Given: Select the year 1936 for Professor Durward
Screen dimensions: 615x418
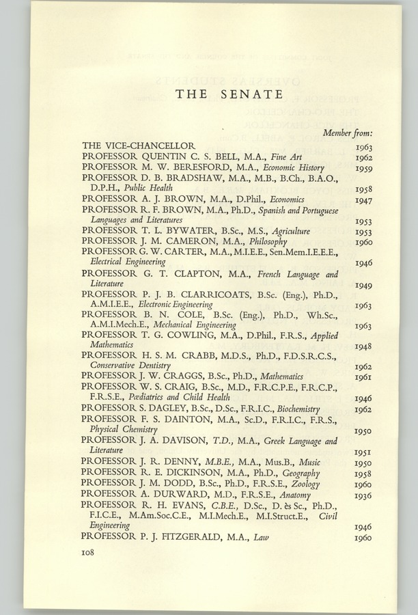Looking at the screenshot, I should [363, 495].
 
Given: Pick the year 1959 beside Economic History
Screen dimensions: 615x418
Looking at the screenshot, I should [363, 168].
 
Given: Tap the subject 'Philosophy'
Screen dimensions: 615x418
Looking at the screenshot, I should [268, 242].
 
